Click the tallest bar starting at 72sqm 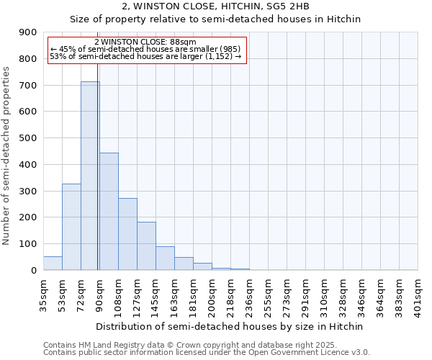click(x=90, y=176)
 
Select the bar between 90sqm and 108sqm click(x=109, y=212)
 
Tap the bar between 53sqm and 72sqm click(x=71, y=227)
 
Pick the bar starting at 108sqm click(x=127, y=234)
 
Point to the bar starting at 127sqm click(x=146, y=246)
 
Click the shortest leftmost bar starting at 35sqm click(x=53, y=264)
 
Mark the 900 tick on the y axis click(x=29, y=32)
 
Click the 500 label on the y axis click(x=29, y=138)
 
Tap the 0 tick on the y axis click(x=33, y=271)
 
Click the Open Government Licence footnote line click(x=207, y=353)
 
